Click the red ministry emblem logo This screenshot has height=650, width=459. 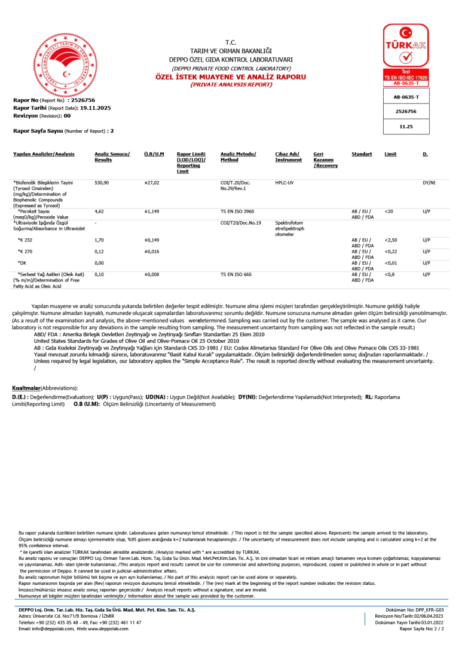pos(64,64)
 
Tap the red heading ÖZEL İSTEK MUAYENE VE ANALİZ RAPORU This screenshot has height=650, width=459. pos(231,77)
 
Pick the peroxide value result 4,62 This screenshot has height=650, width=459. pos(100,211)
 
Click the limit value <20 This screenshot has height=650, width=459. pos(389,211)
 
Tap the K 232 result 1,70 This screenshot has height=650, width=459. pos(100,240)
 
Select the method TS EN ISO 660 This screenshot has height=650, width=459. pos(237,274)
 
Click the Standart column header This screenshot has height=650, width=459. pos(362,154)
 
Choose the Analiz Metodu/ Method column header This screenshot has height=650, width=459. pos(238,157)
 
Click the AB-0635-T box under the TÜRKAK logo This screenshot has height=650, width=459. pos(406,97)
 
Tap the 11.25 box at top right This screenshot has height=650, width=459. pos(406,127)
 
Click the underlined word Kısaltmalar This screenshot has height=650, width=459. pos(26,388)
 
